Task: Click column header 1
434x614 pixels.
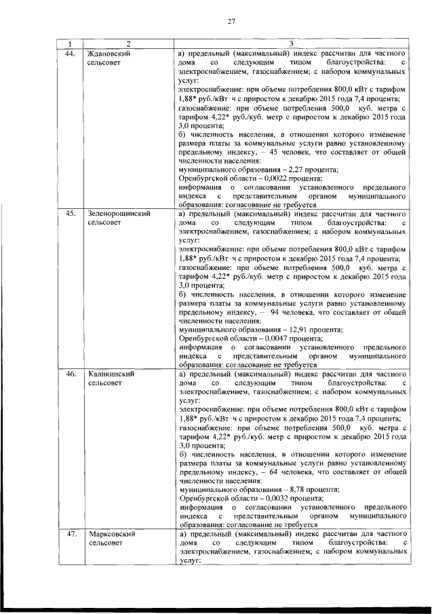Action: pos(69,44)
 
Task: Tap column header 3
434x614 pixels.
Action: pos(290,44)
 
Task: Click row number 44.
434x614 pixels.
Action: pos(69,53)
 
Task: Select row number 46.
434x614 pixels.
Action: pos(69,373)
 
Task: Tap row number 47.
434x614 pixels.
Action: pos(69,533)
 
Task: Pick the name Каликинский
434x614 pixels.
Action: pos(110,373)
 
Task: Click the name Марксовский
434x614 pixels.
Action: pos(112,533)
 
